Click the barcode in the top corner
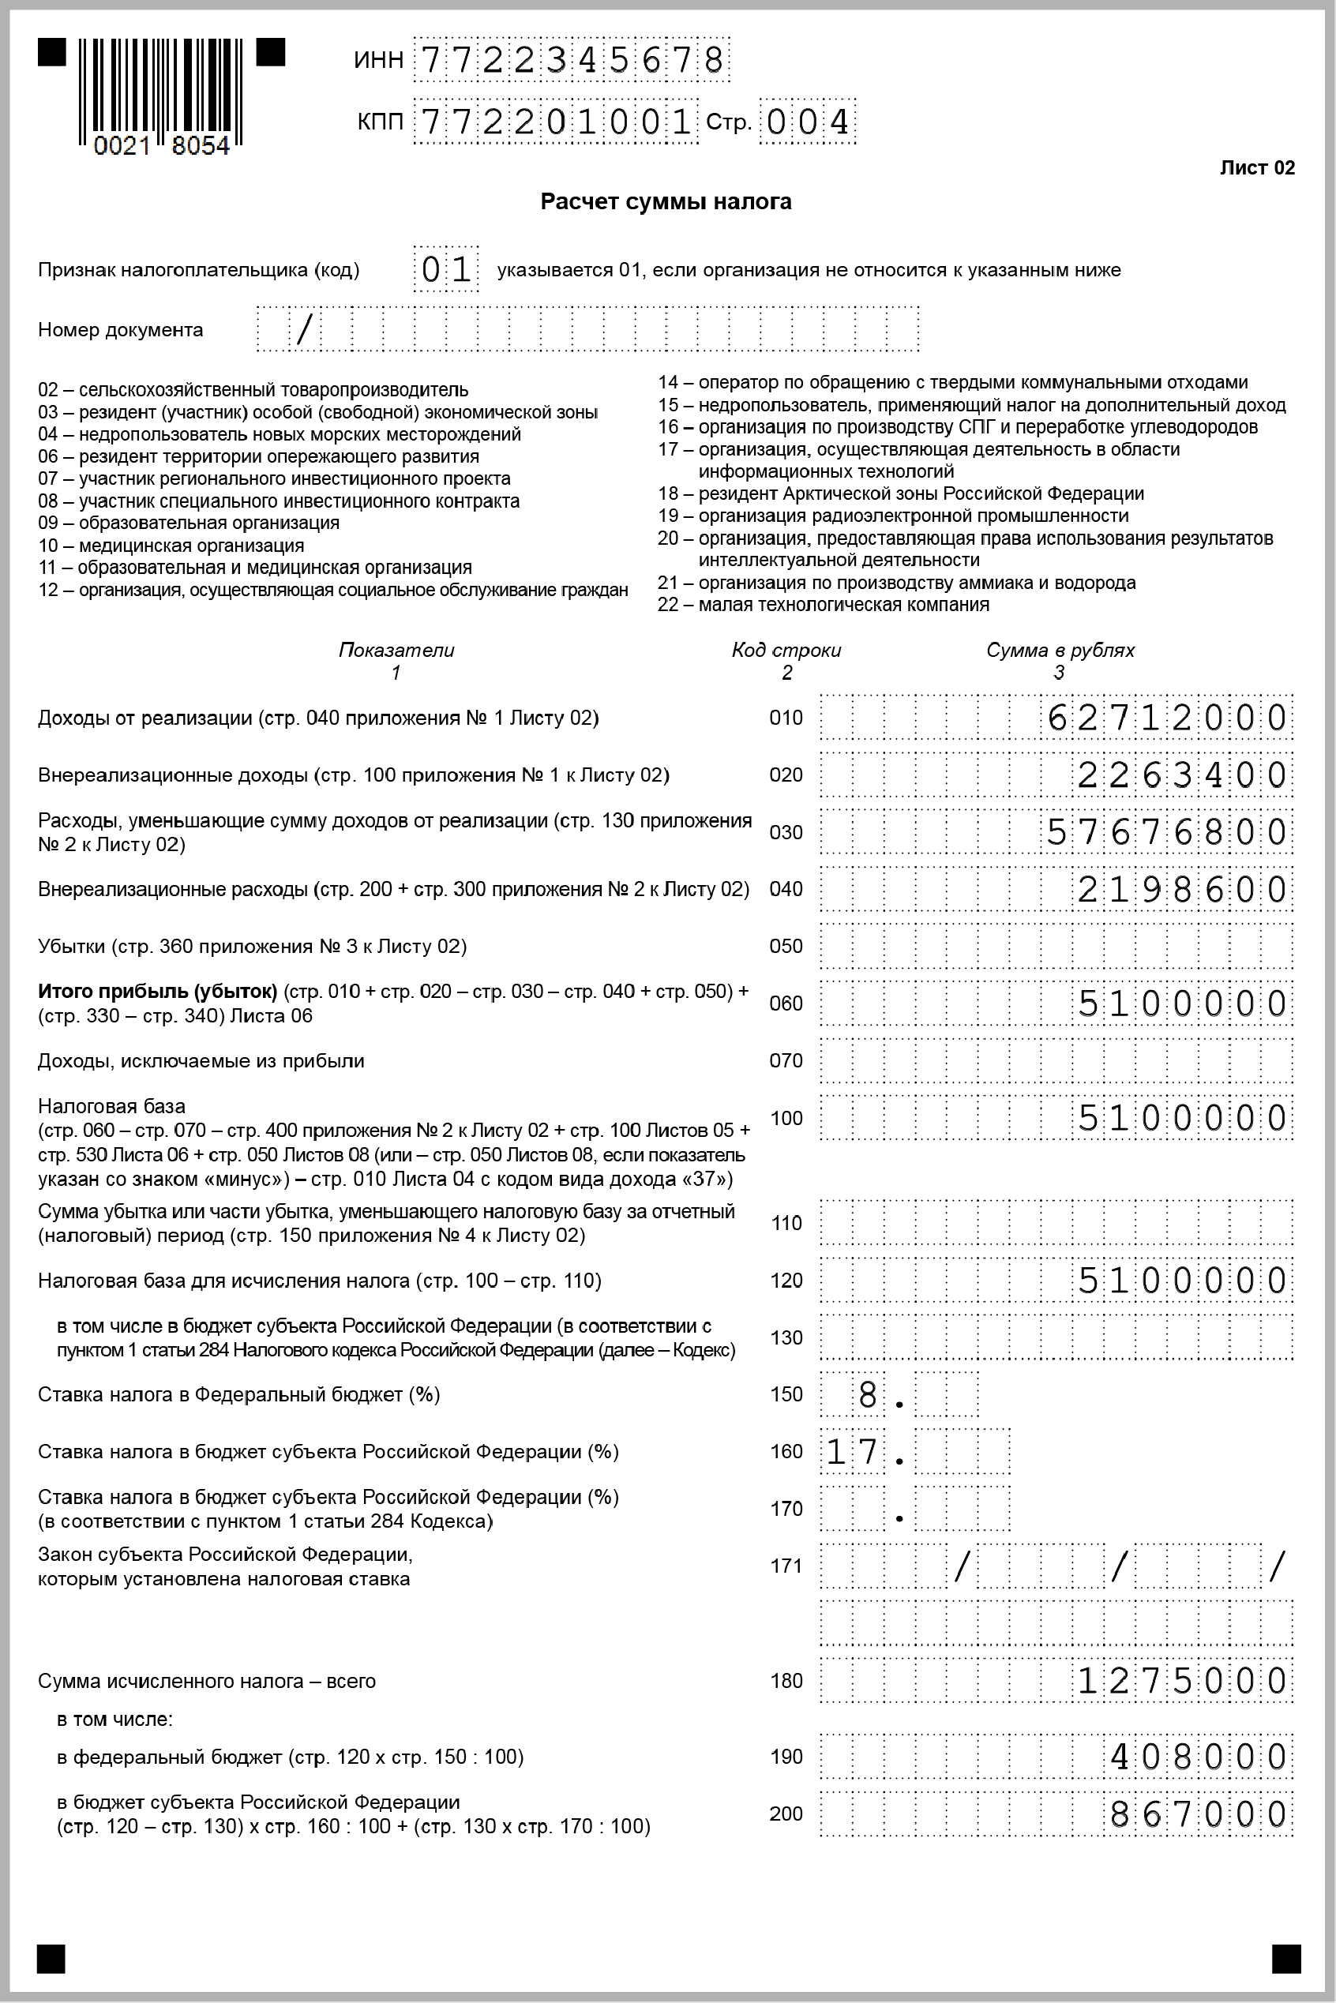tap(161, 96)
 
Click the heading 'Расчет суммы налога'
tap(666, 202)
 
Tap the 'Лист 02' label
tap(1257, 168)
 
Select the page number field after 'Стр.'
tap(807, 122)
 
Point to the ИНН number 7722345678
tap(572, 60)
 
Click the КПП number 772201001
tap(556, 122)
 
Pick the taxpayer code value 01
tap(445, 270)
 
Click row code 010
tap(786, 718)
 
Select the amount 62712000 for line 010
tap(1166, 718)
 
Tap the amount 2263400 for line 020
tap(1181, 775)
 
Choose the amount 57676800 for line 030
tap(1166, 832)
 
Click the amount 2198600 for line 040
tap(1181, 890)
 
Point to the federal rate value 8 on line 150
tap(868, 1395)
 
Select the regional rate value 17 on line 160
tap(852, 1452)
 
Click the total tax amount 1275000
tap(1181, 1681)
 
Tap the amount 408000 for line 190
tap(1197, 1757)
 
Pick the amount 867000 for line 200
tap(1197, 1814)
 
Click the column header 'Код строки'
tap(786, 650)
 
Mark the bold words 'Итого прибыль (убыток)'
tap(158, 991)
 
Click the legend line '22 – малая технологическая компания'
tap(823, 605)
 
